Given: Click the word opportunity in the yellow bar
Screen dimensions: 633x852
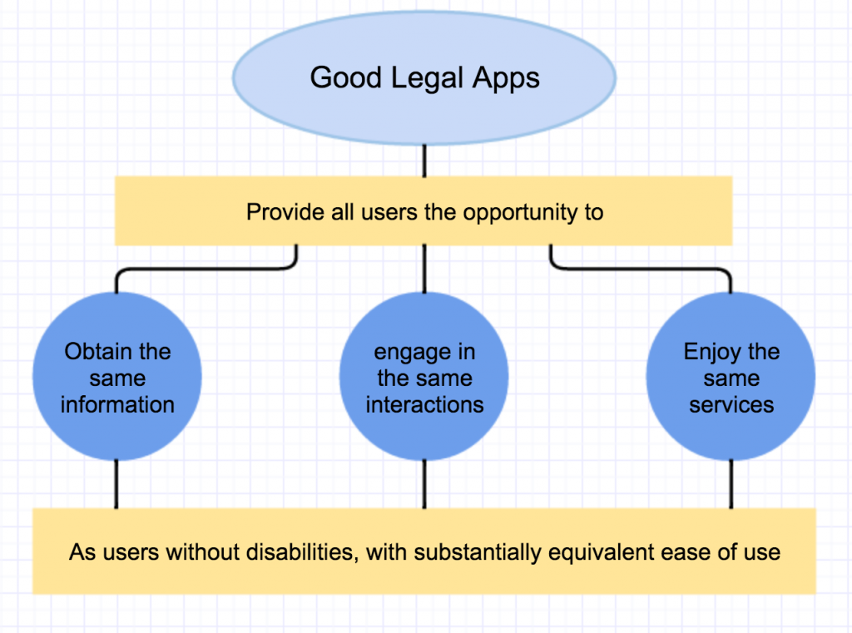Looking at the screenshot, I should click(508, 212).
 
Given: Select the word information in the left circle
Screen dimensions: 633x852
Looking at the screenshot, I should click(117, 405).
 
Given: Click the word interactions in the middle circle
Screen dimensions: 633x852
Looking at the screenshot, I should click(424, 405).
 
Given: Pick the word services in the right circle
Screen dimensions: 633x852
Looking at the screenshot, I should click(731, 405).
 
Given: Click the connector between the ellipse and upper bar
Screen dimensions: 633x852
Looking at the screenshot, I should click(424, 160).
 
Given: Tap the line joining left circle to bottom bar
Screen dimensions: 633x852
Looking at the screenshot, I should click(116, 483).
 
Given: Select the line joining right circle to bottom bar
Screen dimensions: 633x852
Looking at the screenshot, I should click(731, 483).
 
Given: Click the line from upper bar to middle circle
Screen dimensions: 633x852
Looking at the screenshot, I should click(424, 269).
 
